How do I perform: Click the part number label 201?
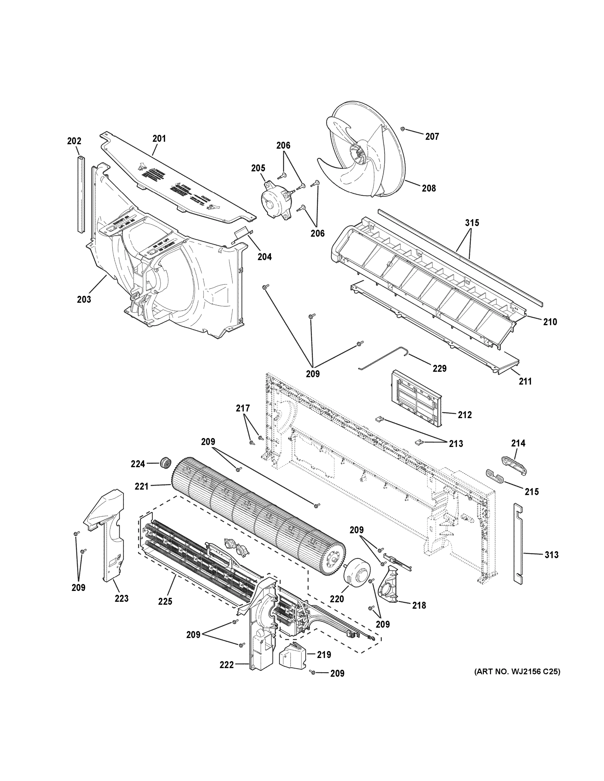pos(159,138)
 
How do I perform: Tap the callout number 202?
pos(74,141)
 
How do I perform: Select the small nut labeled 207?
pos(402,129)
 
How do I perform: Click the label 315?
pos(471,223)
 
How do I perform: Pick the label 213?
pos(456,444)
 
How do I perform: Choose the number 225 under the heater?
pos(165,601)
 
